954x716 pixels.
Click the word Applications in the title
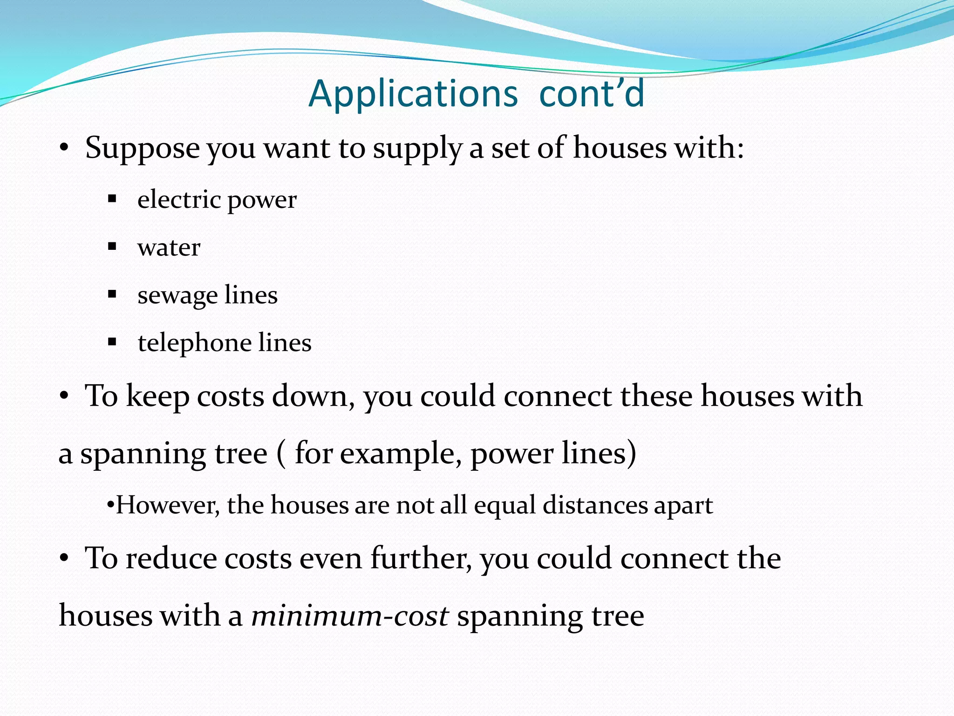point(413,94)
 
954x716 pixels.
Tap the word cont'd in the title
point(592,94)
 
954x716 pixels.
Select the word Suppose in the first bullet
point(143,148)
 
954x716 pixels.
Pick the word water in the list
point(169,248)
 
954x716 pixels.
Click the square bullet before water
point(112,247)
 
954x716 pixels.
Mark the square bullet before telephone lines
point(112,342)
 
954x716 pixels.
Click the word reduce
point(171,558)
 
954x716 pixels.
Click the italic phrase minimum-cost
point(350,616)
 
